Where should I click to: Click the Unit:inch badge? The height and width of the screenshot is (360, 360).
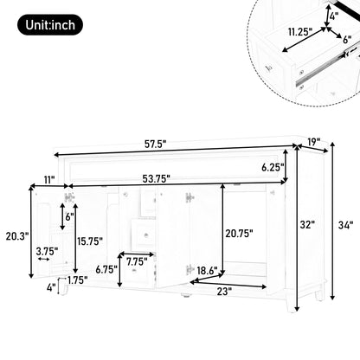coord(50,26)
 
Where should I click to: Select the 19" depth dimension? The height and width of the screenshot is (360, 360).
coord(312,142)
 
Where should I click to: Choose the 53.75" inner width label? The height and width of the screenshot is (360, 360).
coord(157,179)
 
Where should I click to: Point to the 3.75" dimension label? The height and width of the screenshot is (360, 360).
coord(47,252)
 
